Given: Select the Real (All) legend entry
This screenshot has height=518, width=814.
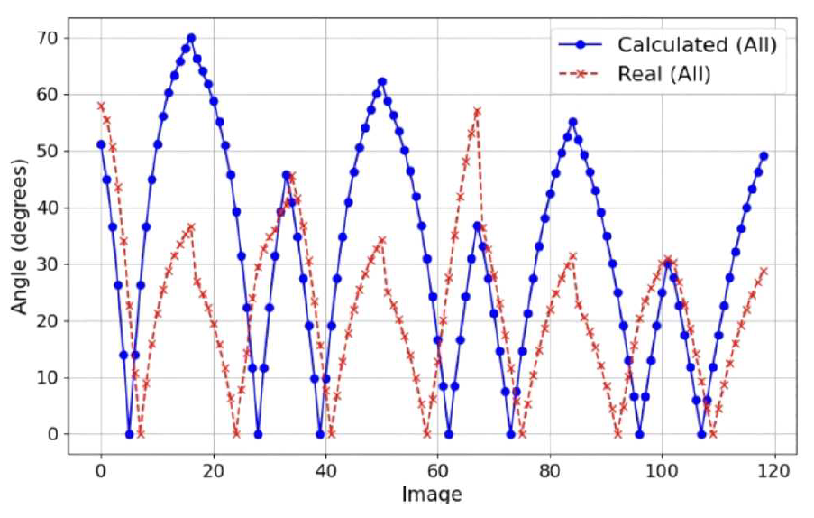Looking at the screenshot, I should tap(663, 74).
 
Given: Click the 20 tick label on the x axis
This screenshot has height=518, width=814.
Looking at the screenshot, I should tap(213, 470).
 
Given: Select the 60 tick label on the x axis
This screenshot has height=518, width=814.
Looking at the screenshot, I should tap(437, 470).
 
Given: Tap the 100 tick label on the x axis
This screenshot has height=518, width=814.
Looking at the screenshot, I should tap(662, 470).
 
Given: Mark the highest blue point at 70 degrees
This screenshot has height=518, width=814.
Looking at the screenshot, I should tap(191, 38).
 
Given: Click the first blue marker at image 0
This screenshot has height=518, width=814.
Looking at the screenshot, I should tap(101, 144).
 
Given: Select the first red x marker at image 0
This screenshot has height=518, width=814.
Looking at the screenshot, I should tap(101, 106).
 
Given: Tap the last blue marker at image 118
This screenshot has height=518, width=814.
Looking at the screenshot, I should tap(764, 156).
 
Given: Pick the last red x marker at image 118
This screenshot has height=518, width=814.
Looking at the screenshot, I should tap(764, 271).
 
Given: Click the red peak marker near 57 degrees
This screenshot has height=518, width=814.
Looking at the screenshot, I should tap(477, 111).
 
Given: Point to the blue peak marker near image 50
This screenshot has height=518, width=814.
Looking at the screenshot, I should tap(381, 81).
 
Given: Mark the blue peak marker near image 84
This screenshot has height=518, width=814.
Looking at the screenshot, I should tap(572, 122).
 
